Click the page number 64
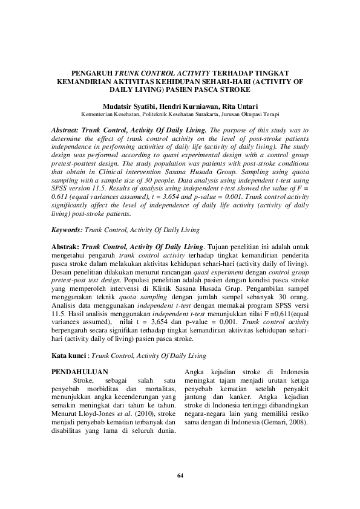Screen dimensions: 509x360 180,476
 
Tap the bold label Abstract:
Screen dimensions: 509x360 67,129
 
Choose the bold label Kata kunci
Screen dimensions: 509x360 67,357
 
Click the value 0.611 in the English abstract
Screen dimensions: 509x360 61,197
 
